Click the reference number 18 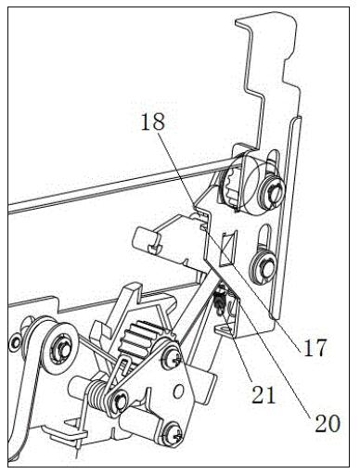click(x=153, y=122)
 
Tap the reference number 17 click(x=315, y=348)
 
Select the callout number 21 click(x=264, y=395)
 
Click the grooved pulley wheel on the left click(x=60, y=343)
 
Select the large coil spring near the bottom click(x=98, y=397)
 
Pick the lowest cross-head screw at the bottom click(x=173, y=435)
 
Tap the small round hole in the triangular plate click(x=178, y=392)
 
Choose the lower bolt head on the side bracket click(x=264, y=264)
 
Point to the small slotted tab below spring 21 click(x=224, y=328)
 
